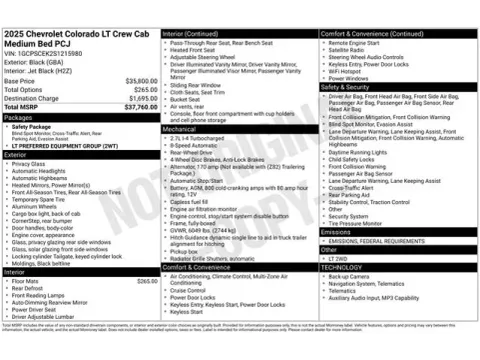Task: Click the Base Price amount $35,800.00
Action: pyautogui.click(x=140, y=80)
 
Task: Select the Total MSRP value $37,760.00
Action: pyautogui.click(x=139, y=107)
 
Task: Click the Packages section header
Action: pyautogui.click(x=20, y=117)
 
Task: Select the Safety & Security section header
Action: pyautogui.click(x=346, y=87)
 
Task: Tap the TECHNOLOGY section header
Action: pyautogui.click(x=344, y=267)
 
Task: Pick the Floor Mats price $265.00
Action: pyautogui.click(x=147, y=281)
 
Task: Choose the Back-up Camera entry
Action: pyautogui.click(x=351, y=275)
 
